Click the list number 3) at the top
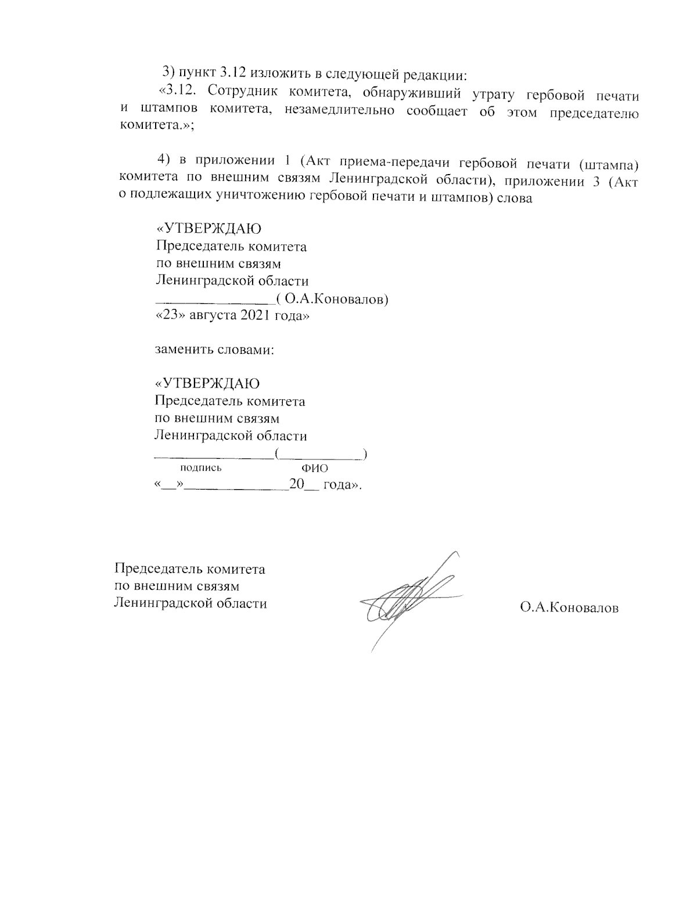(168, 73)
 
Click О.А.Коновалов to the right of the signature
(569, 607)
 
